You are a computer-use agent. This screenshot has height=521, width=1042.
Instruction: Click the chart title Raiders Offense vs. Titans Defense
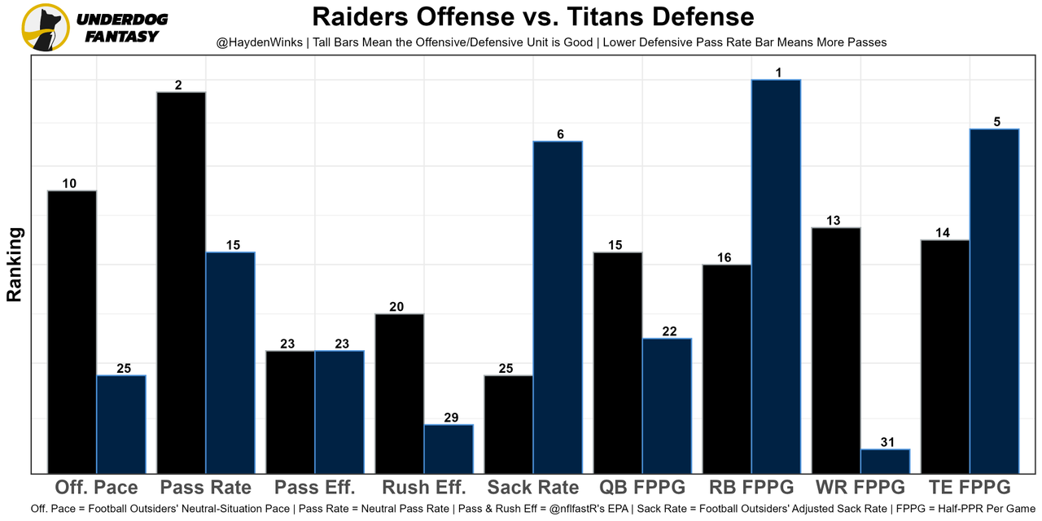532,16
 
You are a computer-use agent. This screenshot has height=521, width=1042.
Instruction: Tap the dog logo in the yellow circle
45,27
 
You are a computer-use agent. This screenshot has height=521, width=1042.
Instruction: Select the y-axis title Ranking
15,265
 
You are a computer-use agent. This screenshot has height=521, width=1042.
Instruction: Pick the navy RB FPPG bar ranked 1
776,276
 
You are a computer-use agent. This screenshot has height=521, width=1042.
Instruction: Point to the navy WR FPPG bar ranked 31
885,461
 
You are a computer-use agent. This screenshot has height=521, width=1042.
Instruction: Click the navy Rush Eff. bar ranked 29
449,449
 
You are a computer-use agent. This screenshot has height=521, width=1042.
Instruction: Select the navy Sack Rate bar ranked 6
558,307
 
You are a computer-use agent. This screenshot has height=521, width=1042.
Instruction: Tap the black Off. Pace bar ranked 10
72,331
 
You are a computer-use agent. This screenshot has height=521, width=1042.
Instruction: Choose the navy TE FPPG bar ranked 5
994,300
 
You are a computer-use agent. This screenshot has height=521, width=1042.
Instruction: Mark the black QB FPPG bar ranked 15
618,362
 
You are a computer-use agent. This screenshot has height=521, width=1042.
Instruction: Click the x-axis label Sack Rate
533,488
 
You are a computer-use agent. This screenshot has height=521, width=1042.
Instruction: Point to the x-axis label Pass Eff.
315,488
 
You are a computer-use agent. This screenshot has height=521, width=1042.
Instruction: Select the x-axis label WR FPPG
860,488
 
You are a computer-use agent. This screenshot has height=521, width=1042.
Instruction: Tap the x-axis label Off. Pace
96,488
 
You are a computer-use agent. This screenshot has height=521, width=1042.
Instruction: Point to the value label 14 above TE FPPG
943,233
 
